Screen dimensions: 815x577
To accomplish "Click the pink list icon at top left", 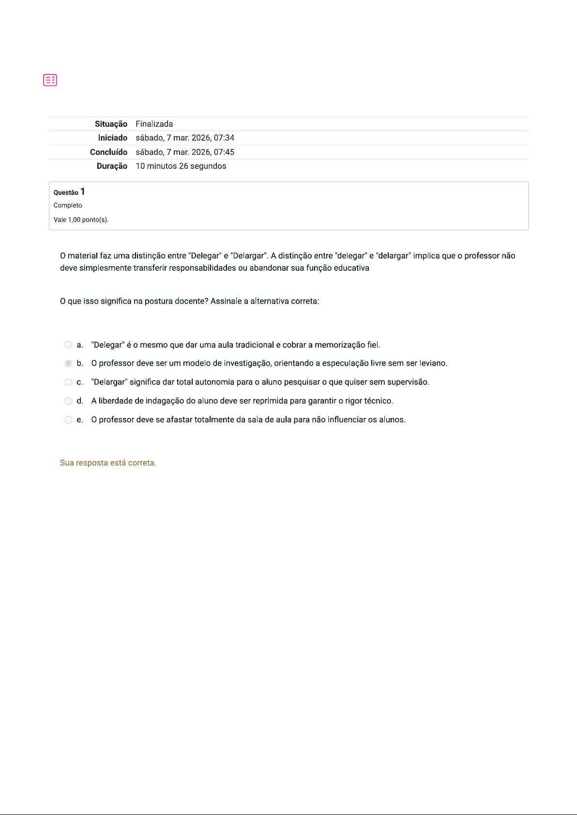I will (50, 80).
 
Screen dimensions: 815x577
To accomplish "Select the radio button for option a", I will (68, 345).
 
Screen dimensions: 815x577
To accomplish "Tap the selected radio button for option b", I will (68, 363).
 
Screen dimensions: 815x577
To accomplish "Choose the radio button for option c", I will (68, 382).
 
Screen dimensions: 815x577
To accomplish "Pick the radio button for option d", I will (68, 401).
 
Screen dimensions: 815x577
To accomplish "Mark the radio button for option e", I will (68, 420).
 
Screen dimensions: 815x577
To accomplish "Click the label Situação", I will (111, 124).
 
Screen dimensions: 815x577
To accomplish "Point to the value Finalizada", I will (154, 124).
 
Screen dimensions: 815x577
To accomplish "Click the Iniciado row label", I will (112, 138).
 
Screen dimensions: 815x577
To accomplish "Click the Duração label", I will (112, 166).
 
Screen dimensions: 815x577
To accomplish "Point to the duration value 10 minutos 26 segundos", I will (181, 166).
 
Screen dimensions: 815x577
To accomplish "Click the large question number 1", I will (83, 192).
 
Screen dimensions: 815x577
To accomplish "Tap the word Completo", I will (68, 206).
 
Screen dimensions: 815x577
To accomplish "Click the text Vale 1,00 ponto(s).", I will (81, 220).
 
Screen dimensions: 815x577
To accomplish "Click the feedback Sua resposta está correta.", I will (108, 463).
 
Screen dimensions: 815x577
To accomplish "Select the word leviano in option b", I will (432, 363).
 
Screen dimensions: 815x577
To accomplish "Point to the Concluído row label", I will (108, 152).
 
